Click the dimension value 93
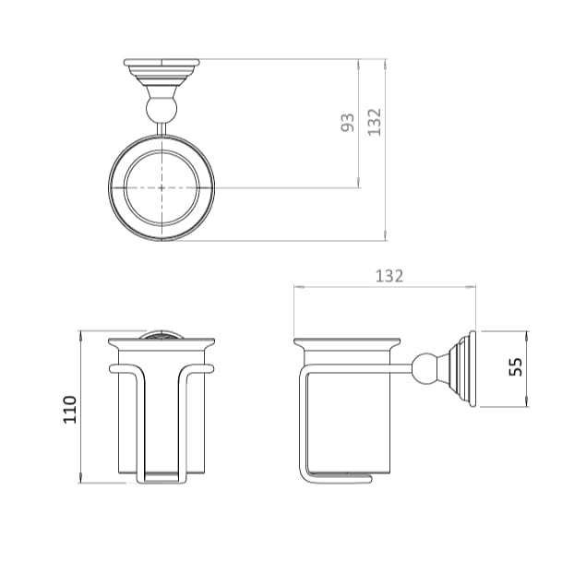348,123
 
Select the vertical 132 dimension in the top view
374,122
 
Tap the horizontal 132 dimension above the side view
389,276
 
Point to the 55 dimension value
515,368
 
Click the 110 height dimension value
70,409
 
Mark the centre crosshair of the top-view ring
161,187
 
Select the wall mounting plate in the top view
161,67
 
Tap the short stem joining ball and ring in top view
161,127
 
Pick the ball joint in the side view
425,366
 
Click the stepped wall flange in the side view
462,368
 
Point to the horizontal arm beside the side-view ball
406,367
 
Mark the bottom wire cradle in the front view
161,478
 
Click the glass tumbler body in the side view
347,415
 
